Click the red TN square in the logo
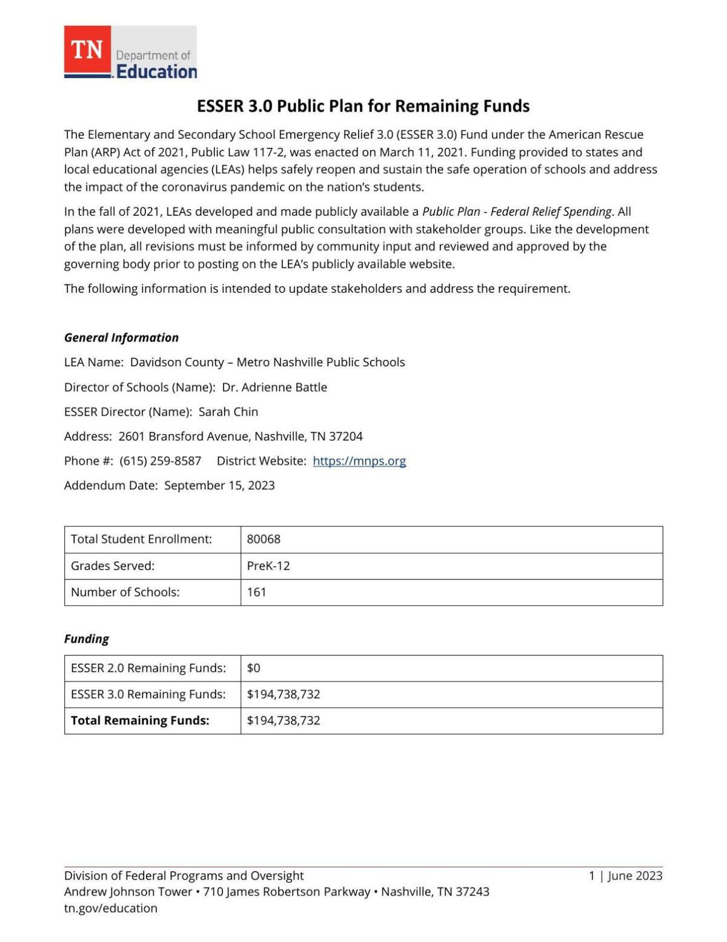point(87,50)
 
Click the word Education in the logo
point(156,72)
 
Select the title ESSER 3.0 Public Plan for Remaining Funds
point(363,106)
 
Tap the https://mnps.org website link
point(359,461)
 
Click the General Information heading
point(121,338)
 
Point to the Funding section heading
point(87,639)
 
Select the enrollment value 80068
point(264,539)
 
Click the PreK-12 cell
point(268,566)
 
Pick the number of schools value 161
point(257,592)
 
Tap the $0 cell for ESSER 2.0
point(253,668)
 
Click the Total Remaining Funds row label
point(140,720)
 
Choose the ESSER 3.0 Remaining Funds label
point(148,694)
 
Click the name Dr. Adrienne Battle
point(274,387)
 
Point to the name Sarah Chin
point(228,412)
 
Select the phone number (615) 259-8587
point(161,461)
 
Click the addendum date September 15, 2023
point(219,486)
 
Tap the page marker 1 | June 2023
point(625,875)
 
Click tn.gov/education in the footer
point(111,908)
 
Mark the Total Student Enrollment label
point(141,539)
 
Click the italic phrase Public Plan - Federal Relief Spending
point(517,212)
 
